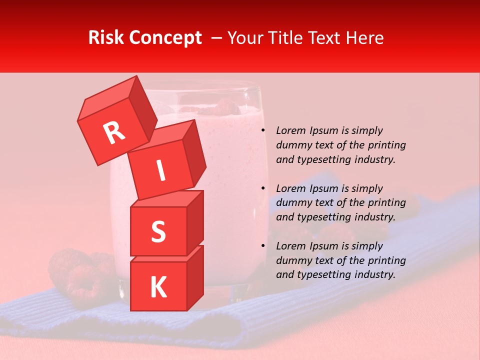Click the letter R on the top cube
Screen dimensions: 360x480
tap(114, 133)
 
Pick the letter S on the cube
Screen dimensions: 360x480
tap(158, 231)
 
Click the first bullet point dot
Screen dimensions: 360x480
tap(263, 131)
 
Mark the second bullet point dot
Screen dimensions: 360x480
tap(263, 188)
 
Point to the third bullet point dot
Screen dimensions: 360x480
tap(263, 246)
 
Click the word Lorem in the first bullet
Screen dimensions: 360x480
tap(290, 130)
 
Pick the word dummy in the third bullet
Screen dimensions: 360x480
tap(292, 260)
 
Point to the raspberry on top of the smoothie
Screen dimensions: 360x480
tap(225, 106)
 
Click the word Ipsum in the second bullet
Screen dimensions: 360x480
tap(324, 188)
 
